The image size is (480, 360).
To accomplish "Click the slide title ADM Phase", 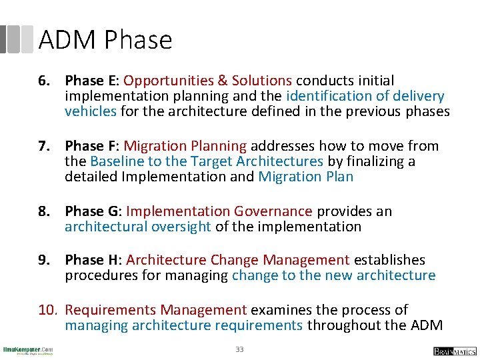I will tap(105, 41).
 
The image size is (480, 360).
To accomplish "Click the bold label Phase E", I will tap(89, 81).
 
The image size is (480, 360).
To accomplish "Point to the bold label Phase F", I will tap(89, 146).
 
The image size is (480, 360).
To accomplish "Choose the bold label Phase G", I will tap(91, 211).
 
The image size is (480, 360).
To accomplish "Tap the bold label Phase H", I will tap(91, 260).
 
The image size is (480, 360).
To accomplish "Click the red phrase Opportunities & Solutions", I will tap(207, 81).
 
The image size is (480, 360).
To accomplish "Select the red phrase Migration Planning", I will tap(185, 146).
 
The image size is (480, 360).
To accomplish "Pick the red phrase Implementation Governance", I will tap(219, 211).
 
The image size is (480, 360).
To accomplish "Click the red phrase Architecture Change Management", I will tap(237, 260).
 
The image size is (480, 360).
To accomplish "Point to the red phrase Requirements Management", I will tap(156, 310).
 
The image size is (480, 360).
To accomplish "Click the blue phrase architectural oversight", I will tap(138, 227).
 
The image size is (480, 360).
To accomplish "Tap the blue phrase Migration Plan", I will tap(305, 177).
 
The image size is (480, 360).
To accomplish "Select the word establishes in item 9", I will tap(389, 260).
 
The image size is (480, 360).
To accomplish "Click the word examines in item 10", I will tap(281, 310).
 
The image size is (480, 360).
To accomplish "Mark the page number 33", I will tap(239, 349).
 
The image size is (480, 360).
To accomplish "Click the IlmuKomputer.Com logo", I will tap(28, 350).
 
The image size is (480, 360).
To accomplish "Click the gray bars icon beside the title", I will tap(17, 39).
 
